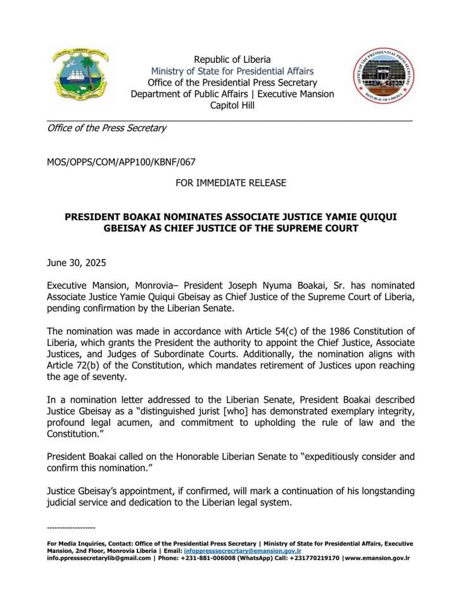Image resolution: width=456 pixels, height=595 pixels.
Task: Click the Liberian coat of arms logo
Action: click(80, 75)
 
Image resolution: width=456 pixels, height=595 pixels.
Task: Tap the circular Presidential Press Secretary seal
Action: click(384, 76)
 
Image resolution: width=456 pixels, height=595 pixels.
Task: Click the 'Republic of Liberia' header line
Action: click(232, 60)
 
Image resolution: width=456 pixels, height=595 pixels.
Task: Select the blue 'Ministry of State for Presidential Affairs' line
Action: click(232, 71)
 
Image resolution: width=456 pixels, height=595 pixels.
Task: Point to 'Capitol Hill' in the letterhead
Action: click(232, 105)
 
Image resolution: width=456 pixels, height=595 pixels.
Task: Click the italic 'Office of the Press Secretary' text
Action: click(106, 128)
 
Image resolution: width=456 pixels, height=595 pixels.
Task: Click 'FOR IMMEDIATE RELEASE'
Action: click(231, 183)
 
